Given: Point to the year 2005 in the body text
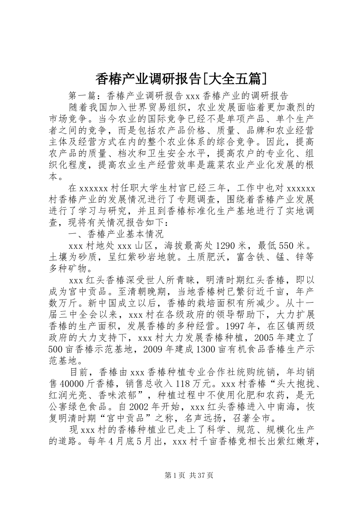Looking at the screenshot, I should pyautogui.click(x=266, y=337).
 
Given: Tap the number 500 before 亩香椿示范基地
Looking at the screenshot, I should pyautogui.click(x=57, y=348).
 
